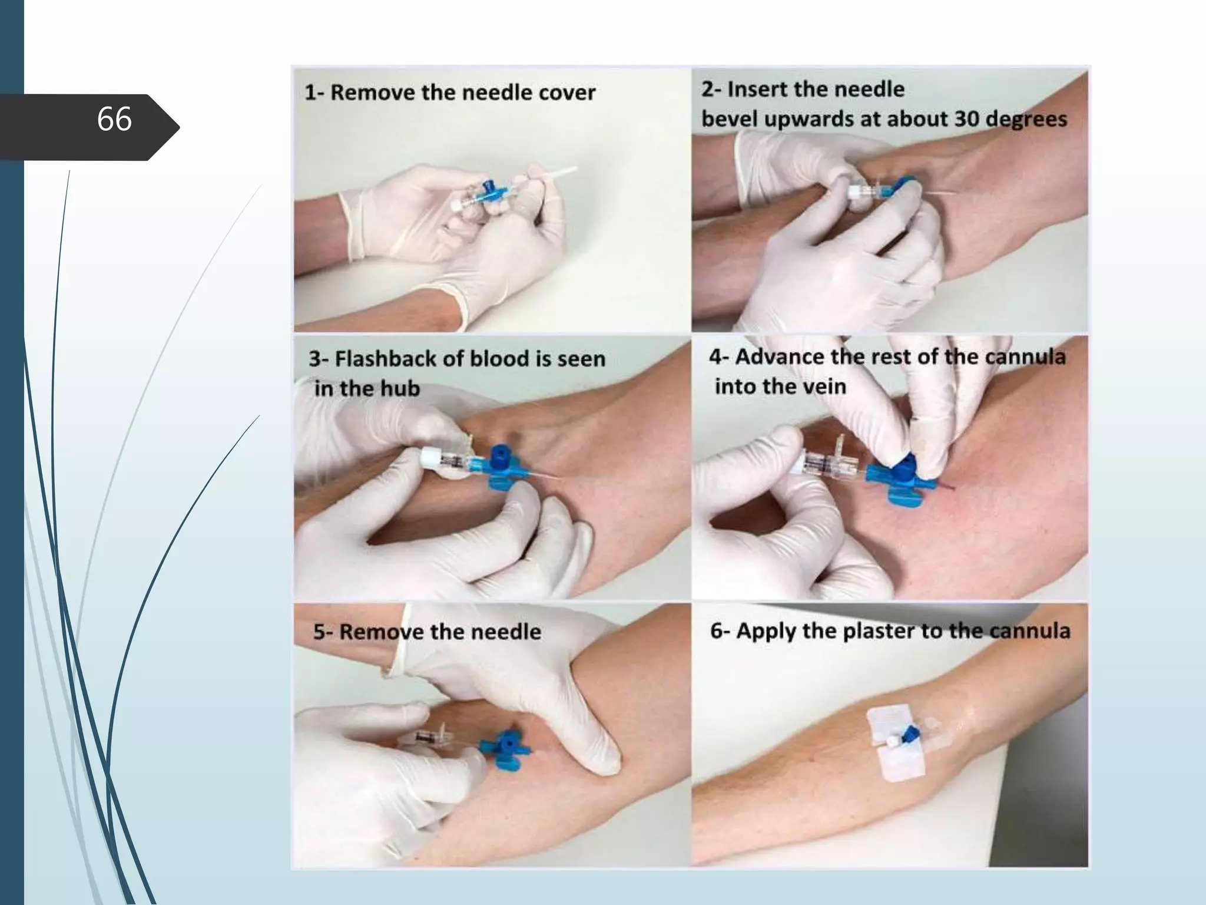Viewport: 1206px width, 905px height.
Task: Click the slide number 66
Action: [114, 120]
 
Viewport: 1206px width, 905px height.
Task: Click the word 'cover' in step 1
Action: [566, 93]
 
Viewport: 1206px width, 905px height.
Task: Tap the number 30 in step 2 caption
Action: [967, 119]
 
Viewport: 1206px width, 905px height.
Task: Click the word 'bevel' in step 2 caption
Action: [731, 119]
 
